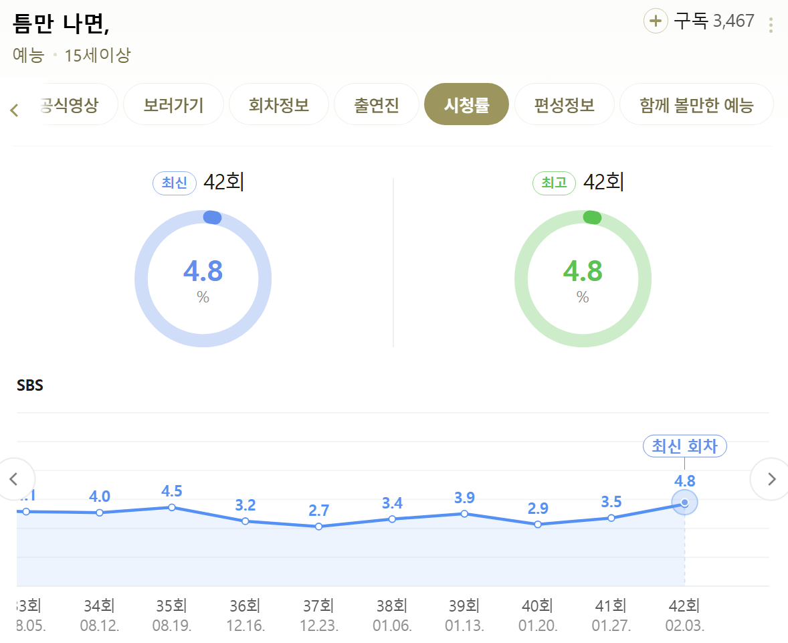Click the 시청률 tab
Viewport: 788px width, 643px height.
tap(466, 104)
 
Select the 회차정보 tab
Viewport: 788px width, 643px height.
tap(279, 104)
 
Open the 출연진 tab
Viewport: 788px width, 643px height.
tap(376, 104)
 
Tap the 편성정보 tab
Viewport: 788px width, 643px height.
tap(564, 104)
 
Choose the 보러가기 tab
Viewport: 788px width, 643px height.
tap(173, 104)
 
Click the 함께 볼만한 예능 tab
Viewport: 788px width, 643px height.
tap(696, 104)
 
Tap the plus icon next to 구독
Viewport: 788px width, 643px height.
tap(656, 21)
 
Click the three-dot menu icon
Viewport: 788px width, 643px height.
tap(771, 25)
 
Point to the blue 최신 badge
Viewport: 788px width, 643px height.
tap(175, 183)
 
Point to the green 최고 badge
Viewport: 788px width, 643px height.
tap(554, 183)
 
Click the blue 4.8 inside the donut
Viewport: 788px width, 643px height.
tap(203, 272)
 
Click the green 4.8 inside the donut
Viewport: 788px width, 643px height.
tap(582, 272)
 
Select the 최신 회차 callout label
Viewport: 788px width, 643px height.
tap(684, 446)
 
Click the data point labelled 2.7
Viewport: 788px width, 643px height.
tap(318, 527)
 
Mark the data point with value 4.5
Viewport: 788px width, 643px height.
tap(172, 507)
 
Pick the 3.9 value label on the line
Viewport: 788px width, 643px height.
tap(464, 497)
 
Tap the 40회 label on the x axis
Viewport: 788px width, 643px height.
tap(537, 606)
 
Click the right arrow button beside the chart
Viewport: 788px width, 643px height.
tap(771, 479)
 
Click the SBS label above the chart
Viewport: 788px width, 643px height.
tap(29, 386)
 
